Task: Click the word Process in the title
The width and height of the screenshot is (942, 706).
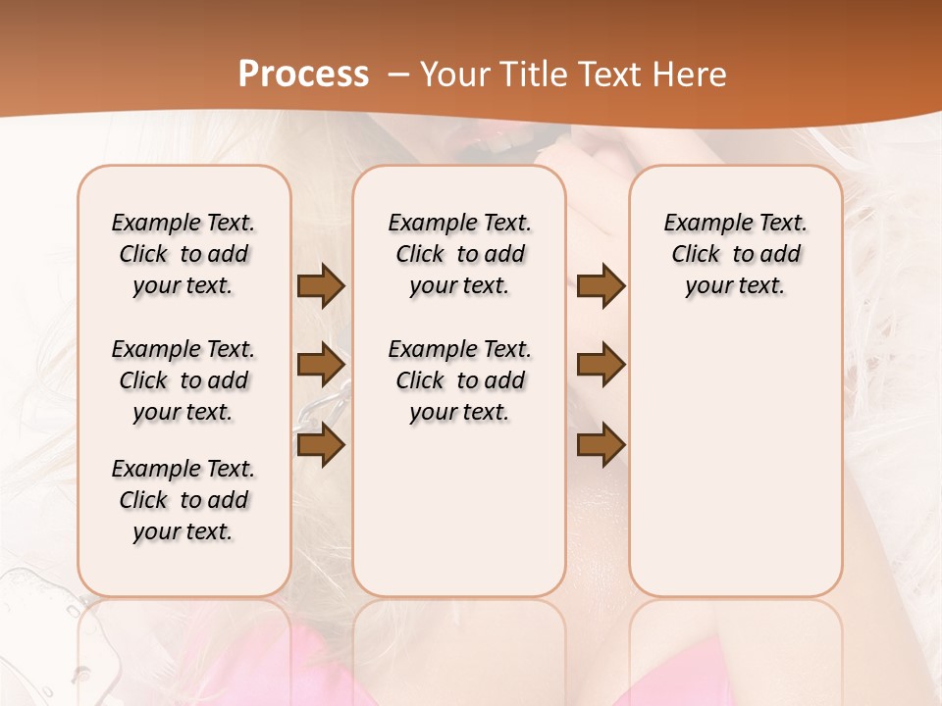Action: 303,74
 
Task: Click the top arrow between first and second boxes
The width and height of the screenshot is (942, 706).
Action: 321,286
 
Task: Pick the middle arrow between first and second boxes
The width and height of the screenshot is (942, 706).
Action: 321,365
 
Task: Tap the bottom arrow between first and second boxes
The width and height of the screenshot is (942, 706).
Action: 321,445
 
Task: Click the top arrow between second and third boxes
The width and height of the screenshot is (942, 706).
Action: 601,286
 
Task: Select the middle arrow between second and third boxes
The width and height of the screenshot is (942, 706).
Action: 601,365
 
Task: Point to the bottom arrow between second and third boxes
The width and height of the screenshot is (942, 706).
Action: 601,445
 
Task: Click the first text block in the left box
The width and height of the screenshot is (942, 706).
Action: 183,254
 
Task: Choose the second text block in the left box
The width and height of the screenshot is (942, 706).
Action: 183,380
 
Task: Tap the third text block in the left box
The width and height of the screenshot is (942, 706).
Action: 183,500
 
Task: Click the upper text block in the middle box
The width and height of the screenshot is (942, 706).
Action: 459,254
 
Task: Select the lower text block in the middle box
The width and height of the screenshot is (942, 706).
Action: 459,380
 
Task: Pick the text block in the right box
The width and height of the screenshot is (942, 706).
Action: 736,254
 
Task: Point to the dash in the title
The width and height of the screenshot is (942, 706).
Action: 398,75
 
